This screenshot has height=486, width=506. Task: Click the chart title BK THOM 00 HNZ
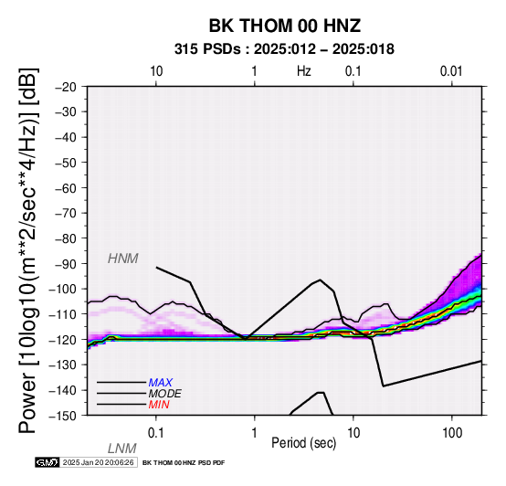point(285,26)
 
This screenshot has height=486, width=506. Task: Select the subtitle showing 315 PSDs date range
point(284,49)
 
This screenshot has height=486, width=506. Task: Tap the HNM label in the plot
point(123,259)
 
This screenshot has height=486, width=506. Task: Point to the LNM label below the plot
point(122,449)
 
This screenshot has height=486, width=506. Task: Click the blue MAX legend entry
point(161,383)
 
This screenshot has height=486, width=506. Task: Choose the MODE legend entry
point(165,394)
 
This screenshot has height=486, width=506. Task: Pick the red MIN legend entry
point(159,405)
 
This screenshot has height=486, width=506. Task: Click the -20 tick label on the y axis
point(66,87)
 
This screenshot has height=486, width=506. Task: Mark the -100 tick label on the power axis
point(63,289)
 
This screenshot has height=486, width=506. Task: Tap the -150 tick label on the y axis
point(63,416)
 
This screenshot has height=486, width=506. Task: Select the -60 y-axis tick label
point(66,188)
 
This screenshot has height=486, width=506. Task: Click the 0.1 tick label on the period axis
point(156,433)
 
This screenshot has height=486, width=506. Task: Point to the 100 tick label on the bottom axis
point(452,433)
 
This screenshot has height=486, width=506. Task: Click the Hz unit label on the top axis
point(304,71)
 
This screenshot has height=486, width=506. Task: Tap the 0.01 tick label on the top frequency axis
point(451,71)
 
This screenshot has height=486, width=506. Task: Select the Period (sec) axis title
point(304,443)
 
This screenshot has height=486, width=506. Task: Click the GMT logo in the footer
point(47,462)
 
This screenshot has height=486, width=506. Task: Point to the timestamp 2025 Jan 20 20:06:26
point(98,462)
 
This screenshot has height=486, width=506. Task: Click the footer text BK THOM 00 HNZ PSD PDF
point(184,463)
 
